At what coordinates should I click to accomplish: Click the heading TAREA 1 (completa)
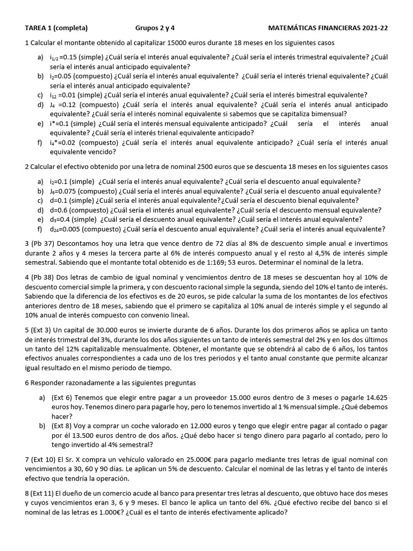[x=56, y=28]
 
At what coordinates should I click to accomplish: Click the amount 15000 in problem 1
[x=178, y=43]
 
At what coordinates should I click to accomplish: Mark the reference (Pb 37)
[x=44, y=244]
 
